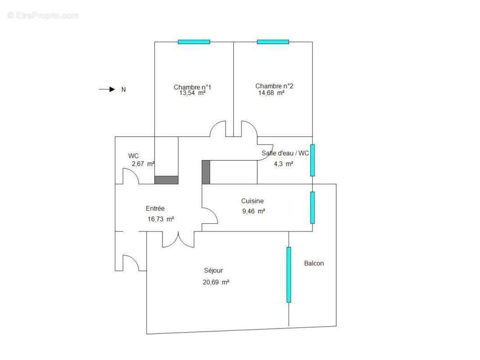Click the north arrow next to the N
[x=107, y=89]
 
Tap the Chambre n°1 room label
[x=192, y=87]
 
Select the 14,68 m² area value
[x=271, y=93]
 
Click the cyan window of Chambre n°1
[x=194, y=42]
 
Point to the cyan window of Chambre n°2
[x=273, y=42]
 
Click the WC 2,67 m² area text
[x=143, y=164]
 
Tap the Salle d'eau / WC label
[x=285, y=153]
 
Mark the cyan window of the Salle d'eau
[x=312, y=160]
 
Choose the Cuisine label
[x=252, y=201]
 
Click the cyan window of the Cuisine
[x=312, y=208]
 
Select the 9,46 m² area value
[x=254, y=211]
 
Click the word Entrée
[x=155, y=209]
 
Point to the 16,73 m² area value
[x=161, y=219]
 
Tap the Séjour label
[x=213, y=270]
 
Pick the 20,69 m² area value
[x=216, y=282]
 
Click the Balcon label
[x=314, y=263]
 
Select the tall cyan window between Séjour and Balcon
[x=289, y=274]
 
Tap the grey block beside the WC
[x=166, y=180]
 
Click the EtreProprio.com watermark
[x=43, y=15]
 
